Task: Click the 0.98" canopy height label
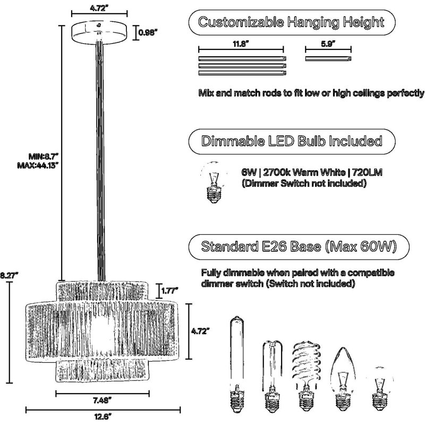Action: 148,33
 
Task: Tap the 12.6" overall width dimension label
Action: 103,416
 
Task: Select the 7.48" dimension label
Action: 102,401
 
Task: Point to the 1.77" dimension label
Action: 169,291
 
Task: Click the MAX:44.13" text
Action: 38,165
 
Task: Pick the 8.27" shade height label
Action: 8,275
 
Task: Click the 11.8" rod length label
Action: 241,44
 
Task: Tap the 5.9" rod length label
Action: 328,44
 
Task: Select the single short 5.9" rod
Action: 328,58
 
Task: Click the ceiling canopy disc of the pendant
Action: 99,31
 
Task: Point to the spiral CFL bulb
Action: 307,377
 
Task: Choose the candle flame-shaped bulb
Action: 343,379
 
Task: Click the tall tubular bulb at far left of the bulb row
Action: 237,364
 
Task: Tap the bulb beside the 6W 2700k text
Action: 214,182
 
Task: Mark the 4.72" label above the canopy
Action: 99,8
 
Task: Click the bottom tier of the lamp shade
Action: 103,371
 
